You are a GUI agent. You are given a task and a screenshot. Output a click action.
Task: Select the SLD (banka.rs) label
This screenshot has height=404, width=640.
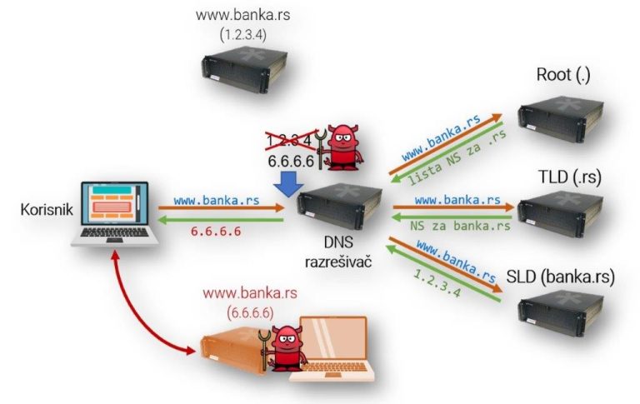coord(560,277)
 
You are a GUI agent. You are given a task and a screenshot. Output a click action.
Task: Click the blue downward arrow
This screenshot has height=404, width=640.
coord(287,184)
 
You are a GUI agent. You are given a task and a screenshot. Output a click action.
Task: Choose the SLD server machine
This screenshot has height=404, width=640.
coord(559,316)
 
